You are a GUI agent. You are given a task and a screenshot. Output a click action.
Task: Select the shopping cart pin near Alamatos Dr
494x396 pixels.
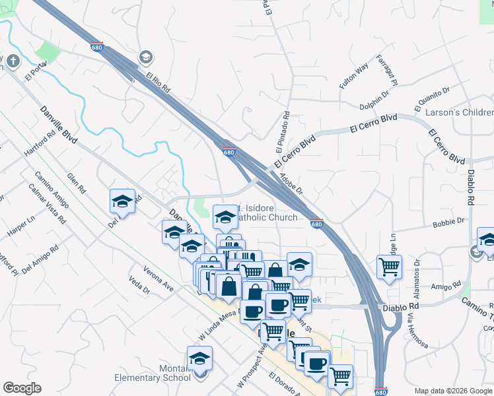(x=389, y=267)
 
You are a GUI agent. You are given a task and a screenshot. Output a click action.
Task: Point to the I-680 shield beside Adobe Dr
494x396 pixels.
(x=316, y=224)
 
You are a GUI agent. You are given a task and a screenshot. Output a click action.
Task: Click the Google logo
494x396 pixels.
(x=22, y=388)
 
